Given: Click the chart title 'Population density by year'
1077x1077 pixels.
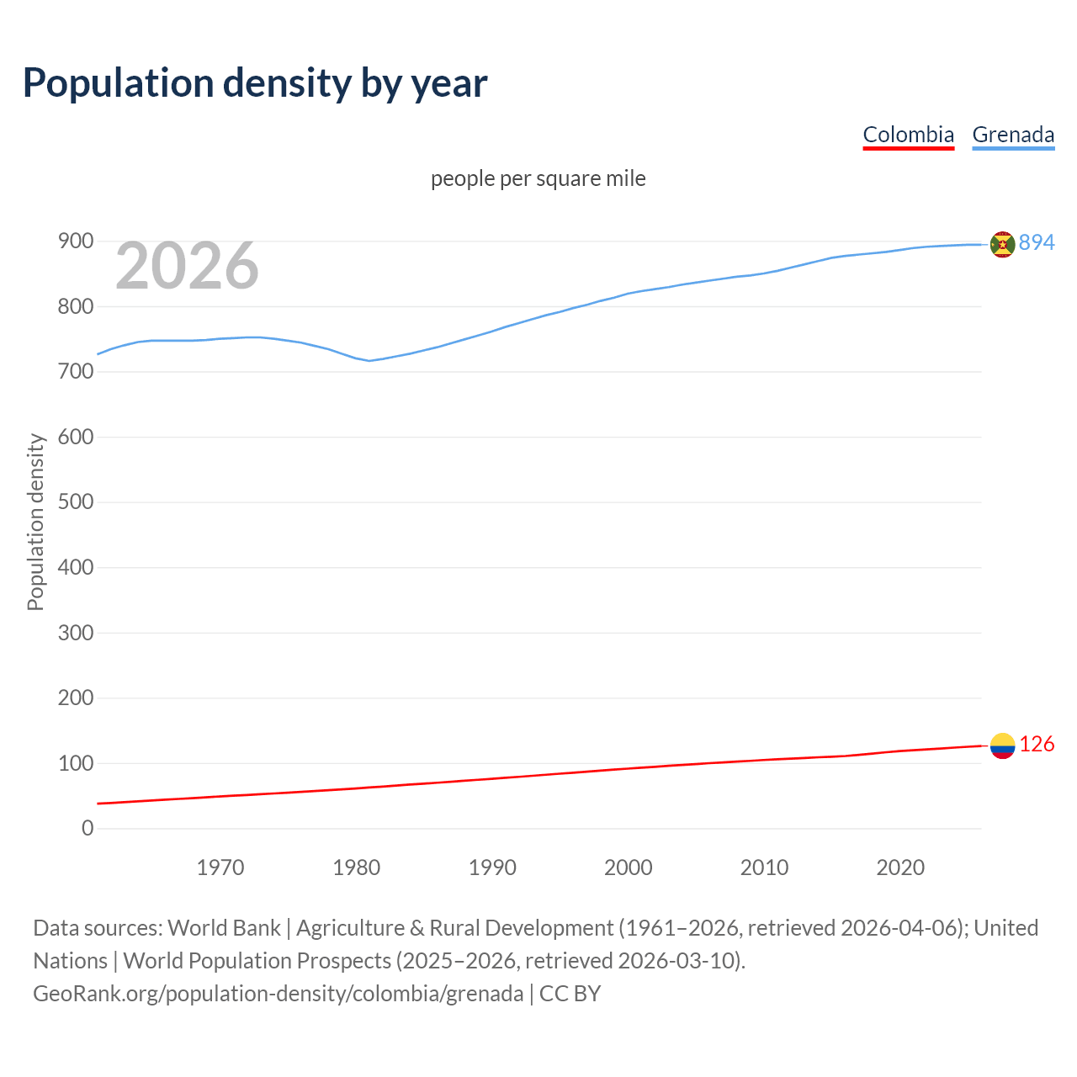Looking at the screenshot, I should click(255, 83).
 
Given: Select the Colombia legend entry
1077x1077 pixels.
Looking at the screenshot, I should click(908, 135).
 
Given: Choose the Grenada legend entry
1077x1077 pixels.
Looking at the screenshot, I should click(1013, 135).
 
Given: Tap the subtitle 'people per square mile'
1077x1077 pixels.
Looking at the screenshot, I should click(538, 178).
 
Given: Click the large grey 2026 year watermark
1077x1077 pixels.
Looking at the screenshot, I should click(187, 266).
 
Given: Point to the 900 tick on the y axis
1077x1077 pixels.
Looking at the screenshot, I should click(75, 241).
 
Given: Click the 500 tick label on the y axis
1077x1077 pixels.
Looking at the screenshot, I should click(75, 502).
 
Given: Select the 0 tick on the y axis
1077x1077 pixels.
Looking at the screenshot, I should click(88, 829).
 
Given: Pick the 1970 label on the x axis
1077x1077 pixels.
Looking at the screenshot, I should click(220, 867).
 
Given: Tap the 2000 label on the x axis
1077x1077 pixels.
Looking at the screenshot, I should click(628, 867).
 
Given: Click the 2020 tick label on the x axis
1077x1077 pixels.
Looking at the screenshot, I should click(900, 867).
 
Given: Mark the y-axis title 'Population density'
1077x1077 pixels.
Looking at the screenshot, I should click(35, 522).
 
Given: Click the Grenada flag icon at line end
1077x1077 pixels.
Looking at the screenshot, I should click(1002, 244).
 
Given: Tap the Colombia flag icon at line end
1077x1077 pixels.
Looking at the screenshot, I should click(1002, 745).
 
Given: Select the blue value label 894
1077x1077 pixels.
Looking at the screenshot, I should click(1037, 242).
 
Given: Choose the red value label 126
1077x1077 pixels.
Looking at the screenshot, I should click(1037, 745).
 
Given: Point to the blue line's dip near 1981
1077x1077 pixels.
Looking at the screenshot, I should click(369, 360).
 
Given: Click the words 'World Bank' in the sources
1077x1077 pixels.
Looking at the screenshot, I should click(224, 928).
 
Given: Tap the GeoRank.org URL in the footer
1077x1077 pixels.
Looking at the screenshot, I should click(278, 994).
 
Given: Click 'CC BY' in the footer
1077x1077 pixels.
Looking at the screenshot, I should click(570, 994).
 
